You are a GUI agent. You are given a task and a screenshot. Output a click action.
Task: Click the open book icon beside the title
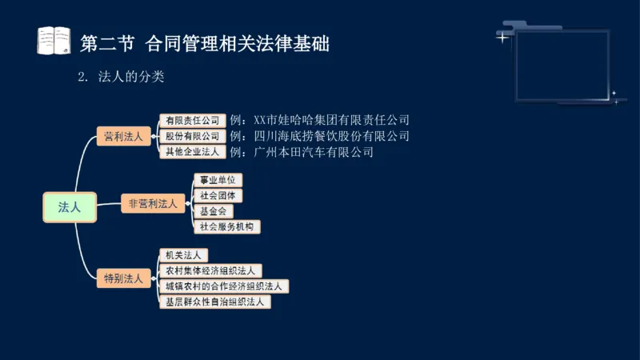(x=54, y=41)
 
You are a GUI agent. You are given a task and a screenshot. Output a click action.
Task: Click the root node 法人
(x=70, y=206)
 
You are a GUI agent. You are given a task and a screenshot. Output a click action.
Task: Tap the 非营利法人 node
(x=153, y=203)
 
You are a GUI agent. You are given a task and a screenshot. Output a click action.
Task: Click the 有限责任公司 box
(x=191, y=121)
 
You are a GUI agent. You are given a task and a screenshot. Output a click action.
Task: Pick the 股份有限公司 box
(x=191, y=136)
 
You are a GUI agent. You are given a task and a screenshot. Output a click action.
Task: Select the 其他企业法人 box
(x=191, y=151)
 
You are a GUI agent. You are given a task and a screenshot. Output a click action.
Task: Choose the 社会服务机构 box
(x=227, y=226)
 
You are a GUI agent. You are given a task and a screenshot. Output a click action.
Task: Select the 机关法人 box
(x=183, y=255)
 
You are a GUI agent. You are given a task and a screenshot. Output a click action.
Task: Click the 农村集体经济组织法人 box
(x=210, y=271)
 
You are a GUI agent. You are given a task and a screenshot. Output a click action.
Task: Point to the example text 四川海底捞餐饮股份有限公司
(x=319, y=136)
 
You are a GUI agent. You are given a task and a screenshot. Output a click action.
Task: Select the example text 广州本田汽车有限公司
(x=302, y=151)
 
